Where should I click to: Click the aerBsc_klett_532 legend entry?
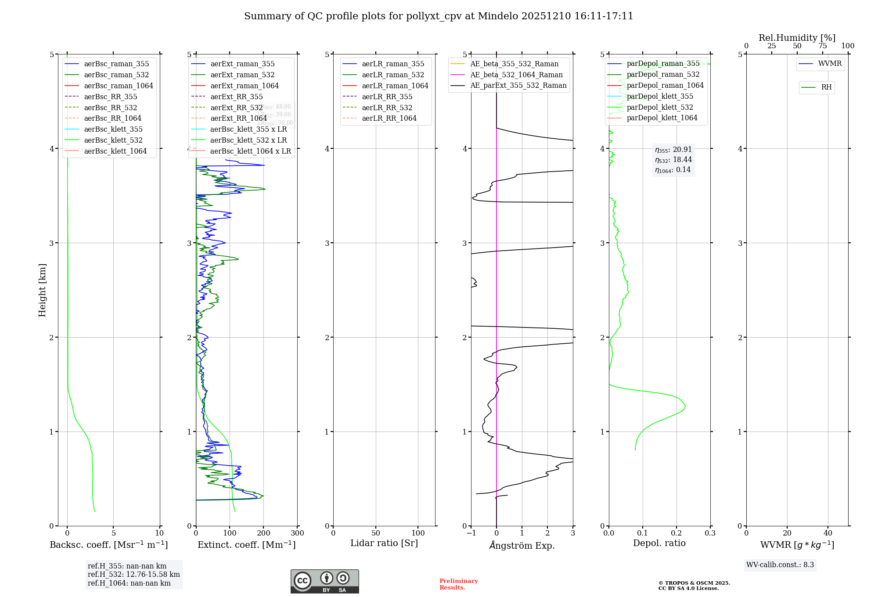tap(113, 140)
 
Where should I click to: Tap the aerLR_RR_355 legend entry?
tap(387, 97)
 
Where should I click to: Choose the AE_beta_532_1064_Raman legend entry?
tap(516, 75)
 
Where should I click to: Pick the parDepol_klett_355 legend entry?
tap(660, 96)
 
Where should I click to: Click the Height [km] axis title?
tap(42, 290)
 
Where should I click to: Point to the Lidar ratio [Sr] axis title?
tap(384, 543)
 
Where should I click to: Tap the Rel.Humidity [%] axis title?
tap(797, 38)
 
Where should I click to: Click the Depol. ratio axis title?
tap(659, 543)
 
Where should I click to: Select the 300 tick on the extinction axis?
tap(298, 533)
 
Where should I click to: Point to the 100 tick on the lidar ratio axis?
tap(418, 533)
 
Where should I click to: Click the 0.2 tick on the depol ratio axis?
tap(676, 533)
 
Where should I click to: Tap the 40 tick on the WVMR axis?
tap(828, 533)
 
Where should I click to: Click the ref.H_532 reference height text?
tap(133, 575)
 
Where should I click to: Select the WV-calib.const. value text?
tap(780, 565)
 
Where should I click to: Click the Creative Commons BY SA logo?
tap(324, 582)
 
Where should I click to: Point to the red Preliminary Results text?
tap(458, 584)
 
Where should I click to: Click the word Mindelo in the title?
tap(498, 16)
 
